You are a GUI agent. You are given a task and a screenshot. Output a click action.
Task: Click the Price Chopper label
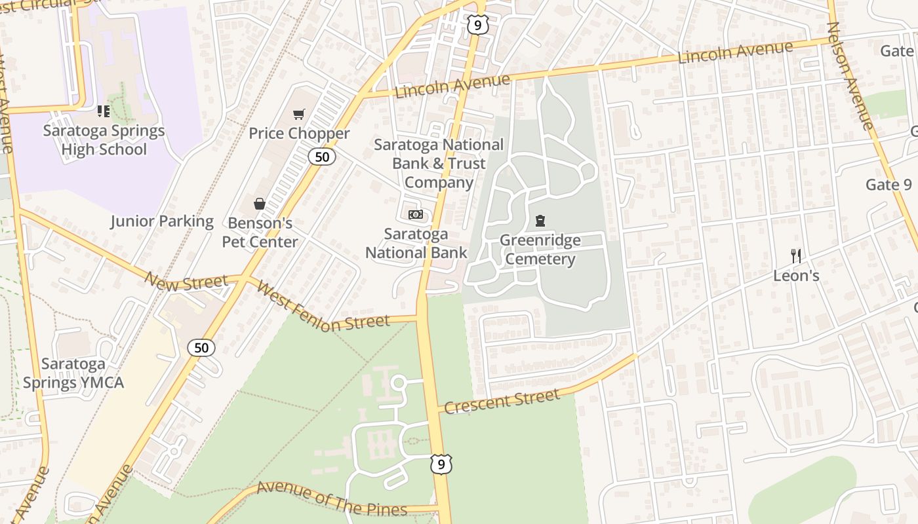click(x=299, y=134)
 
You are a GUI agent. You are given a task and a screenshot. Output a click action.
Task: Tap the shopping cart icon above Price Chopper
click(x=299, y=115)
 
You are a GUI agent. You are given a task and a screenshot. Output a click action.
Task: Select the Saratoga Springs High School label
click(x=104, y=140)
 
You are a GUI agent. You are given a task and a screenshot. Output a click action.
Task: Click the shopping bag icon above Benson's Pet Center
click(x=260, y=204)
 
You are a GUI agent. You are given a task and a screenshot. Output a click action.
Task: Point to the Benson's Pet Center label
click(x=260, y=233)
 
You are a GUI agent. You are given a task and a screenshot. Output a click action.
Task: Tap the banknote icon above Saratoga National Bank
click(x=416, y=215)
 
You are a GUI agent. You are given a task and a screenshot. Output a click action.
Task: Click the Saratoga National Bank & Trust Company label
click(x=439, y=163)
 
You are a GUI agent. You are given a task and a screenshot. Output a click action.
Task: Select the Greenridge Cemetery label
click(x=540, y=250)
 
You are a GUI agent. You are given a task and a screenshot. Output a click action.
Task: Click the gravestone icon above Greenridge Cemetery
click(x=540, y=221)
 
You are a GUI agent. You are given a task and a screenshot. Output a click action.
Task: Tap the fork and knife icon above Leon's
click(x=796, y=256)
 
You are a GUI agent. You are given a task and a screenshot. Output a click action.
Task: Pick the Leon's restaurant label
click(x=796, y=276)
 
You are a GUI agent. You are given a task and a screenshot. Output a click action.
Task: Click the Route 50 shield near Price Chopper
click(x=322, y=157)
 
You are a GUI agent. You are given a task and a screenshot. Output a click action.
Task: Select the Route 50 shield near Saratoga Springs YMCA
click(x=201, y=348)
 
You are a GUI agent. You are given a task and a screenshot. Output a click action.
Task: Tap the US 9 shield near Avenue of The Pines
click(x=441, y=464)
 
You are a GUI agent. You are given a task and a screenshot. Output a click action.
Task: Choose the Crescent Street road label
click(x=502, y=401)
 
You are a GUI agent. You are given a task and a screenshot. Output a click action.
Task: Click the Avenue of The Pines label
click(x=331, y=498)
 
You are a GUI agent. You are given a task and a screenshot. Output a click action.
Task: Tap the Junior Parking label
click(x=162, y=221)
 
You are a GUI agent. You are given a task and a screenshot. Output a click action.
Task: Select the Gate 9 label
click(x=888, y=185)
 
